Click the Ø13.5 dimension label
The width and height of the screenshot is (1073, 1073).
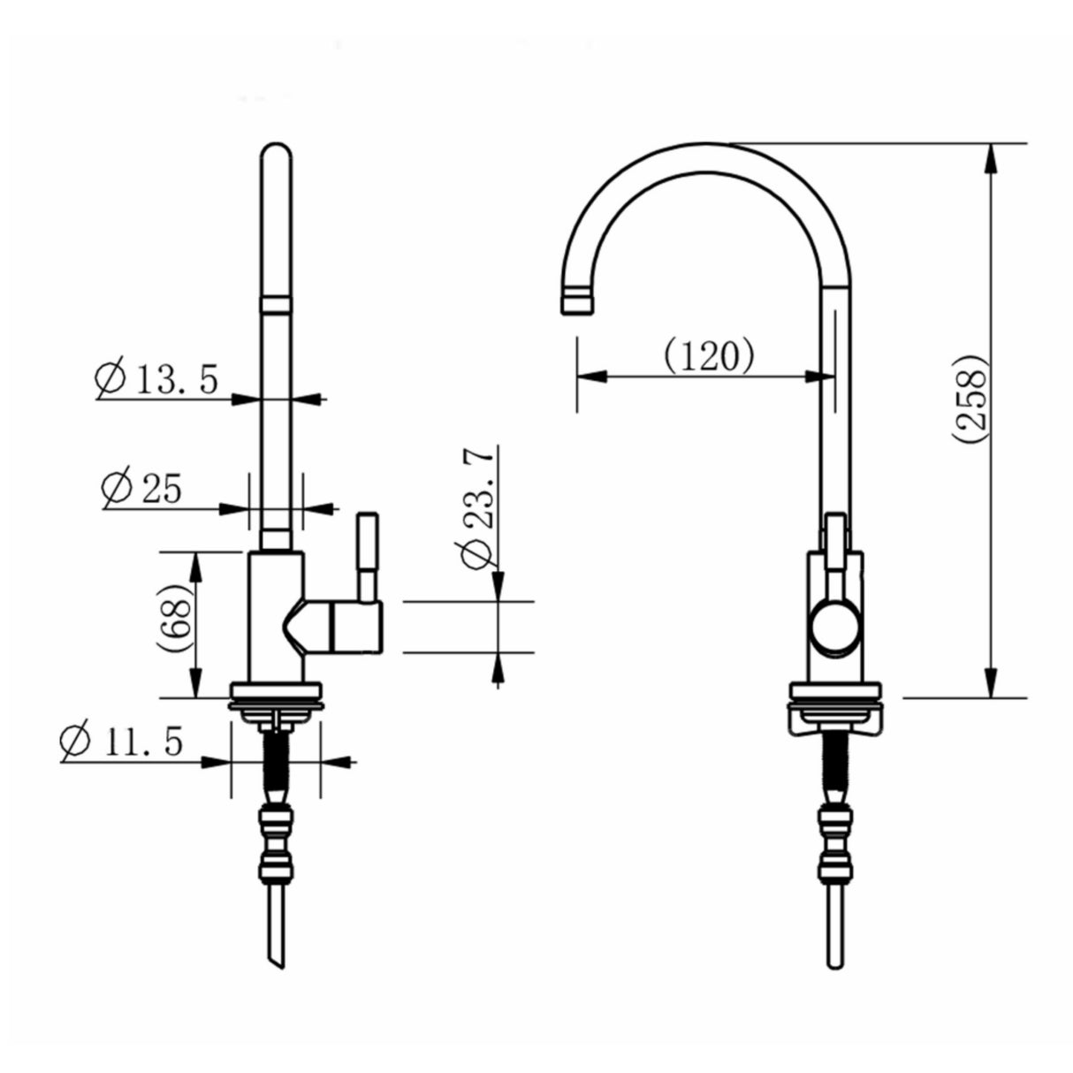[156, 377]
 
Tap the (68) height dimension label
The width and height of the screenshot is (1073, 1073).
[174, 623]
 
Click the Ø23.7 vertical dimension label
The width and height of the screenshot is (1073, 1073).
[476, 505]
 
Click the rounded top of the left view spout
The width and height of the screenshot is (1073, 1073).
[276, 155]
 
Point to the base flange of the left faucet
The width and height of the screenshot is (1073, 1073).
[275, 694]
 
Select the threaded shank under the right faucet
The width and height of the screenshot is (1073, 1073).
[834, 760]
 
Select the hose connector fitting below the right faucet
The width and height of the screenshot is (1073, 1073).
[834, 831]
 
